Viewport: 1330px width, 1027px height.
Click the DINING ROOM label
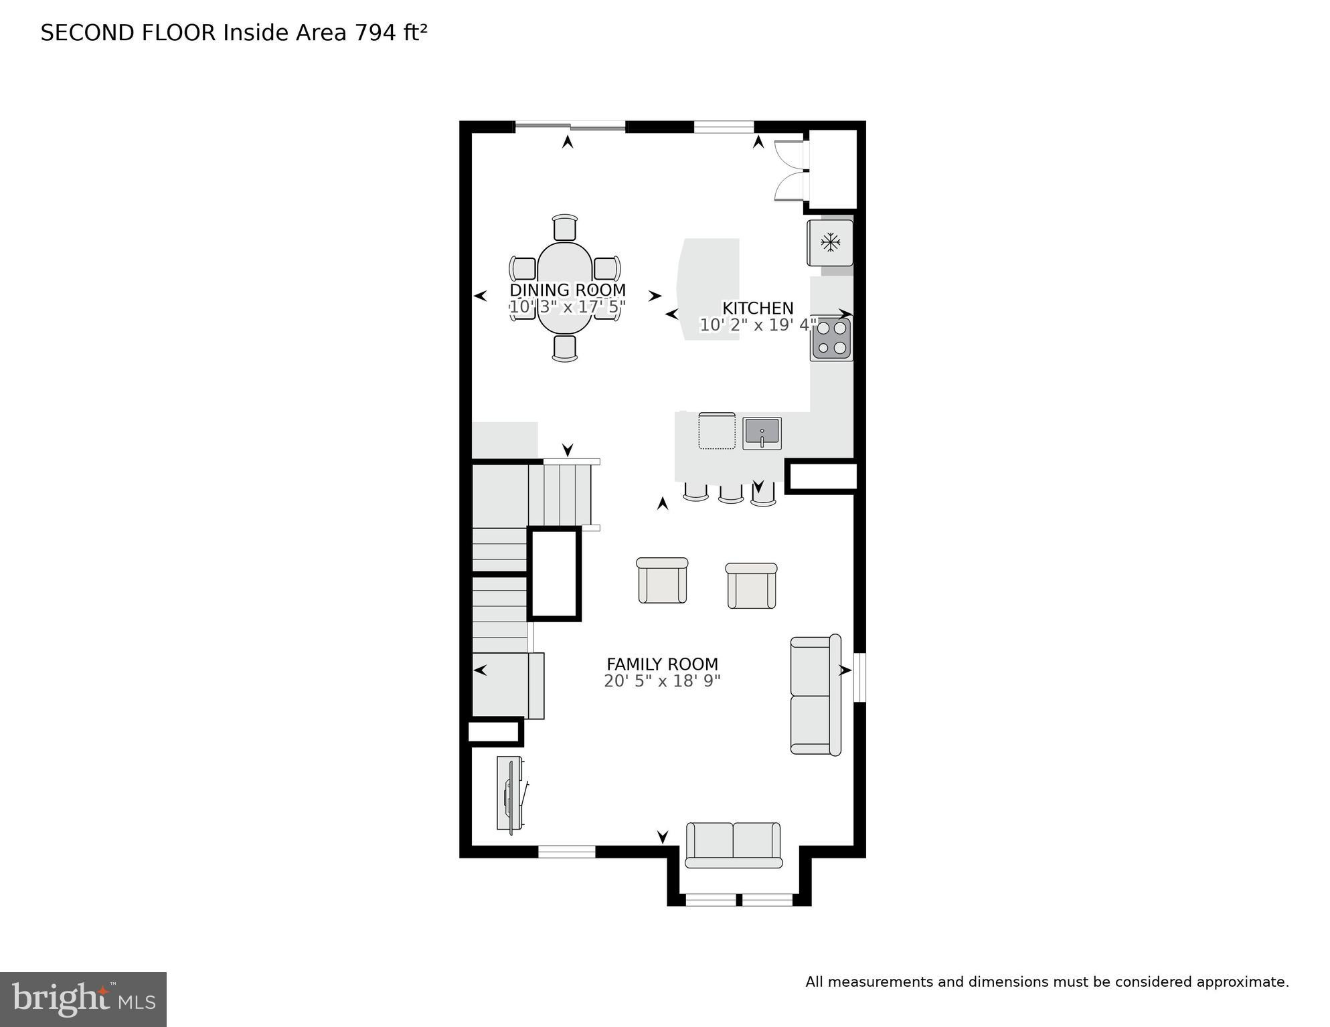pos(568,290)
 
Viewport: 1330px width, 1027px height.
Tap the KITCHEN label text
pos(758,308)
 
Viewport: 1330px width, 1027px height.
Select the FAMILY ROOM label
pos(662,664)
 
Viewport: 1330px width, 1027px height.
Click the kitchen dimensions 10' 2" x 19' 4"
pos(758,325)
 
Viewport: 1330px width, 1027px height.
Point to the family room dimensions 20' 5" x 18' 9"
pos(662,681)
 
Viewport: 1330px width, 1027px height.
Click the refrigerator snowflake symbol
pos(831,242)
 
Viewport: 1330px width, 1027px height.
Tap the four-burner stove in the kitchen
pos(831,339)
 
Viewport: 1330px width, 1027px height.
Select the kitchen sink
pos(762,433)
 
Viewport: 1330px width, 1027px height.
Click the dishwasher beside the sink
pos(717,432)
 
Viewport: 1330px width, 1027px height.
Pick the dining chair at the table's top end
pos(565,227)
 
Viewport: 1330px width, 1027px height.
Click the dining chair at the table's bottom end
pos(565,349)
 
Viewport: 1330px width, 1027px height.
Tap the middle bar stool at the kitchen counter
pos(731,493)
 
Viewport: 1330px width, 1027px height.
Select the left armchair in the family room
pos(662,581)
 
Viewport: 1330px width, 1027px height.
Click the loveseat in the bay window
pos(734,845)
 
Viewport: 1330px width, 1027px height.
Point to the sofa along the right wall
pos(815,696)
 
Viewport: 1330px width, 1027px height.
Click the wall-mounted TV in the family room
pos(511,795)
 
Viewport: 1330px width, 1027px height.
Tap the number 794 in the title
pos(376,33)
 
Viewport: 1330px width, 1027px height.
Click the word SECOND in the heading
pos(88,33)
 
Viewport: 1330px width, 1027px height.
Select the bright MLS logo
pos(83,999)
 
